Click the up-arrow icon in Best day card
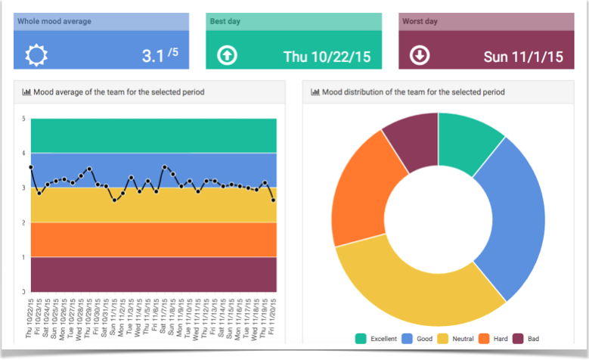(x=227, y=55)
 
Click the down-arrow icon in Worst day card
(x=420, y=55)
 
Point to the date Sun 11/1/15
(x=523, y=56)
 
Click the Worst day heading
(x=420, y=21)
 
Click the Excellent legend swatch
(x=361, y=339)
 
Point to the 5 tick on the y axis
(x=23, y=119)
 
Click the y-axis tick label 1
(x=23, y=257)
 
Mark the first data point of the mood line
(x=31, y=167)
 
